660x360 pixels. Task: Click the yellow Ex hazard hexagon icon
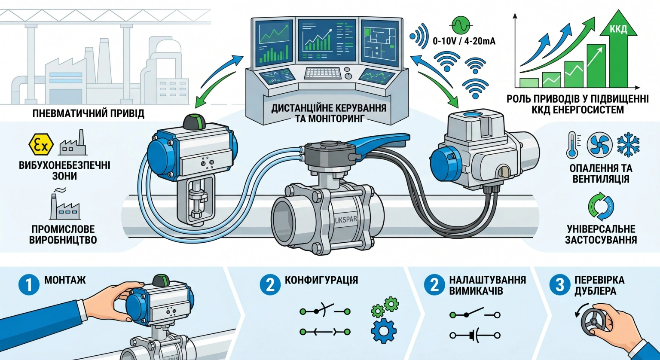pyautogui.click(x=41, y=144)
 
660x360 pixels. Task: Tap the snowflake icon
pyautogui.click(x=628, y=145)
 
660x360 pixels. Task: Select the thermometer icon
pyautogui.click(x=573, y=145)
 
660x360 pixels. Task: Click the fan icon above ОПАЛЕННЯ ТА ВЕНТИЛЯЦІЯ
pyautogui.click(x=599, y=145)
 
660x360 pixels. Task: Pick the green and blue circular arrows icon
pyautogui.click(x=601, y=207)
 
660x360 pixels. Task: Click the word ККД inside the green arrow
pyautogui.click(x=618, y=30)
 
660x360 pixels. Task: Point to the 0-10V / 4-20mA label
pyautogui.click(x=464, y=41)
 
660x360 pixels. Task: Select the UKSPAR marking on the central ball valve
pyautogui.click(x=346, y=220)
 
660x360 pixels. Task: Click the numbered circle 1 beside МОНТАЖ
pyautogui.click(x=29, y=285)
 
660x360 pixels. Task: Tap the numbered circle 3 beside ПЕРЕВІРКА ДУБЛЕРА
pyautogui.click(x=560, y=285)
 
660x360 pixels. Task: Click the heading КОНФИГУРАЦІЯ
pyautogui.click(x=321, y=280)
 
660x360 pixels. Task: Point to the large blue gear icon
pyautogui.click(x=384, y=330)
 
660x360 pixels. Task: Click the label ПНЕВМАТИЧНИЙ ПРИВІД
pyautogui.click(x=89, y=113)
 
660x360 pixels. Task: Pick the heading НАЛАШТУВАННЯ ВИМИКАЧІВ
pyautogui.click(x=487, y=285)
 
